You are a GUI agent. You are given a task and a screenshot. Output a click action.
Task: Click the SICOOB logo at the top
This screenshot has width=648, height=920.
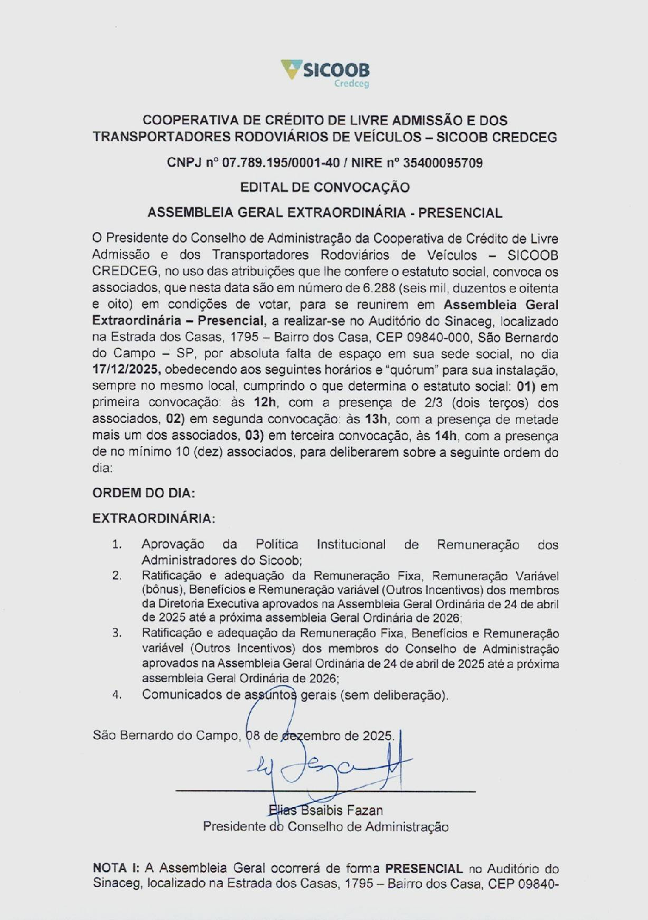tap(325, 71)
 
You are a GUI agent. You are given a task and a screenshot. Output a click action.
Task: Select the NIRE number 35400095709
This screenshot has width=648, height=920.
tap(443, 163)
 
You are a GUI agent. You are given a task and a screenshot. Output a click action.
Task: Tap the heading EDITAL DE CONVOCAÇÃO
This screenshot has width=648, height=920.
tap(325, 187)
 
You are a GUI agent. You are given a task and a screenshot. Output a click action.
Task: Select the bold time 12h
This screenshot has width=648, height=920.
tap(265, 403)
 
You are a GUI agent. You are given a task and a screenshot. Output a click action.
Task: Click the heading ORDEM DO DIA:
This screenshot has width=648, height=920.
tap(143, 493)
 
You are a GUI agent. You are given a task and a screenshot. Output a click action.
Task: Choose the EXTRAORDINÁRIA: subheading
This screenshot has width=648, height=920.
tap(154, 519)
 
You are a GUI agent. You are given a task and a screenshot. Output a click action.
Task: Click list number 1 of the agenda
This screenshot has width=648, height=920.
tap(117, 545)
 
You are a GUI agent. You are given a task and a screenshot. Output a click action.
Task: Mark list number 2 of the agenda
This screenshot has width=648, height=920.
tap(117, 576)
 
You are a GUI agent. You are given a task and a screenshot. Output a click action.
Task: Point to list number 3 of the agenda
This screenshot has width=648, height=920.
tap(117, 633)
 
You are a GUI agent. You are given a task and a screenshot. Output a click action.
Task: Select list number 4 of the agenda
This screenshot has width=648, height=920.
tap(117, 694)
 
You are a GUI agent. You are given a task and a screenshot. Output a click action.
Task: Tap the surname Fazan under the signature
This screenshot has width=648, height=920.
tap(367, 810)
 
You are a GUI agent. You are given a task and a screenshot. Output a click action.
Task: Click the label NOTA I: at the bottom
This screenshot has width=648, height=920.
tap(116, 868)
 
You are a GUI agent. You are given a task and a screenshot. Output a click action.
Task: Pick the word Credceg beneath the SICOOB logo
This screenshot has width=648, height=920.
tap(351, 84)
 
